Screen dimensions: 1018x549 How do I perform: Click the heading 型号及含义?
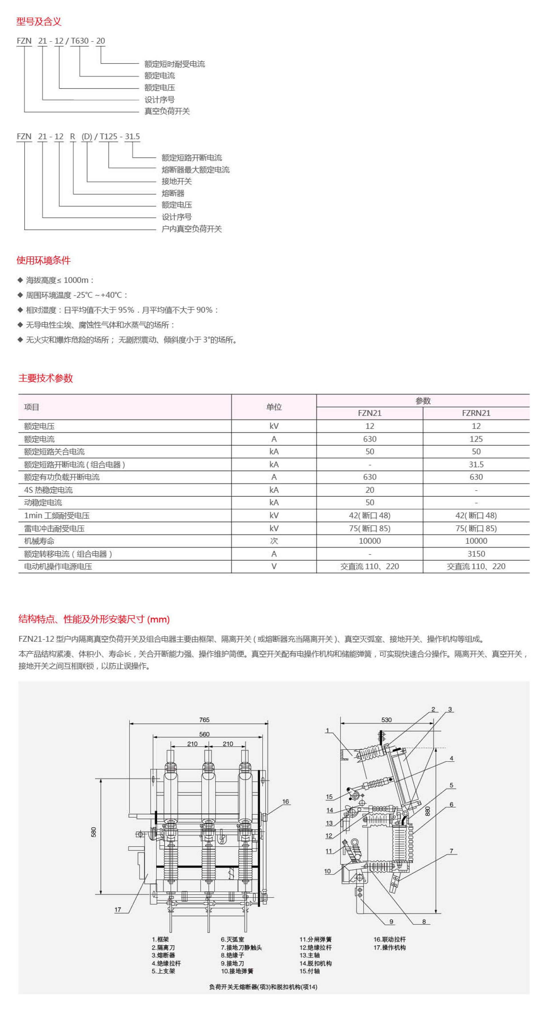[x=39, y=21]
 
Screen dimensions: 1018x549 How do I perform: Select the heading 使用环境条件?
[x=43, y=260]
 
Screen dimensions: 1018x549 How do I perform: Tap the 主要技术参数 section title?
[x=45, y=378]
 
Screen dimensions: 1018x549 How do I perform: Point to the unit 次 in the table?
[x=274, y=541]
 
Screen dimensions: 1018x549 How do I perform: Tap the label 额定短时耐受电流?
[x=174, y=64]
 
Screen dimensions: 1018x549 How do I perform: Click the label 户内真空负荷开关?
[x=191, y=229]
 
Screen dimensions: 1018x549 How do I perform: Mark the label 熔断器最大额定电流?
[x=195, y=170]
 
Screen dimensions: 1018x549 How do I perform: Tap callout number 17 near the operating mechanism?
[x=118, y=909]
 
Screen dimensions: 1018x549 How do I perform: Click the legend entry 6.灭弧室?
[x=232, y=939]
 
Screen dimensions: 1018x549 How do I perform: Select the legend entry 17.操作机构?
[x=389, y=947]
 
